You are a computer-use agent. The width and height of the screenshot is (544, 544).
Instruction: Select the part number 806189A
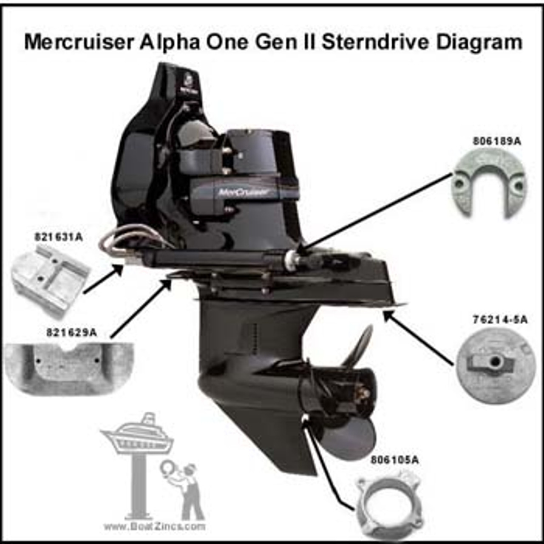(x=497, y=142)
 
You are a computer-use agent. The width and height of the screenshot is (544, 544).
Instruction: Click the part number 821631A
(x=58, y=237)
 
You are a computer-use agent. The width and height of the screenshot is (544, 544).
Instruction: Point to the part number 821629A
(x=71, y=332)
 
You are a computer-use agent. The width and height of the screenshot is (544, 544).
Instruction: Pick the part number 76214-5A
(x=500, y=320)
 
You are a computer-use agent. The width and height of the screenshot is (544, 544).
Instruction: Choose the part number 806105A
(x=394, y=460)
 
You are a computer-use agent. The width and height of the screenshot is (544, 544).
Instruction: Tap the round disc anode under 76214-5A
(x=496, y=365)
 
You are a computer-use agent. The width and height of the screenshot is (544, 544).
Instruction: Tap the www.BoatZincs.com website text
(x=154, y=526)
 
